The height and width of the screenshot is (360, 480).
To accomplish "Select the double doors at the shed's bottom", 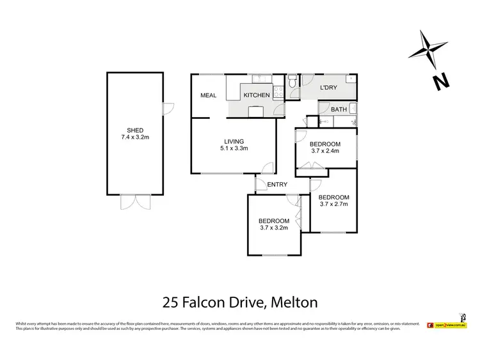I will pyautogui.click(x=135, y=203).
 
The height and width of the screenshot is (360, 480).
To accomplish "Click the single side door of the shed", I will pyautogui.click(x=168, y=109).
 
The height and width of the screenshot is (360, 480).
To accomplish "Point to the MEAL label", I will pyautogui.click(x=209, y=96).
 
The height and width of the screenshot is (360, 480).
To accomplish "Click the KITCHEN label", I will pyautogui.click(x=256, y=96).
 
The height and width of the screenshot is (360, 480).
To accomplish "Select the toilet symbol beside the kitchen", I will pyautogui.click(x=292, y=81).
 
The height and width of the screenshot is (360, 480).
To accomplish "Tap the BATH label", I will pyautogui.click(x=339, y=109).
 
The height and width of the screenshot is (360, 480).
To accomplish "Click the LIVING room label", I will pyautogui.click(x=234, y=141).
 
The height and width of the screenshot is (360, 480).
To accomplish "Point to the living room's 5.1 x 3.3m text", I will pyautogui.click(x=234, y=148).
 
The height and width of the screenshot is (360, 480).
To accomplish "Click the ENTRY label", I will pyautogui.click(x=277, y=185).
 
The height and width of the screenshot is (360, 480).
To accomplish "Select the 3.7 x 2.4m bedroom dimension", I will pyautogui.click(x=325, y=152).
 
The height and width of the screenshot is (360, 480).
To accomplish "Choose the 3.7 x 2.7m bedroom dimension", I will pyautogui.click(x=333, y=205).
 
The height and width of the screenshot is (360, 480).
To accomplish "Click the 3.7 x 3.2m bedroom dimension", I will pyautogui.click(x=274, y=228).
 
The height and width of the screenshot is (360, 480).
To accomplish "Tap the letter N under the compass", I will pyautogui.click(x=438, y=81).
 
